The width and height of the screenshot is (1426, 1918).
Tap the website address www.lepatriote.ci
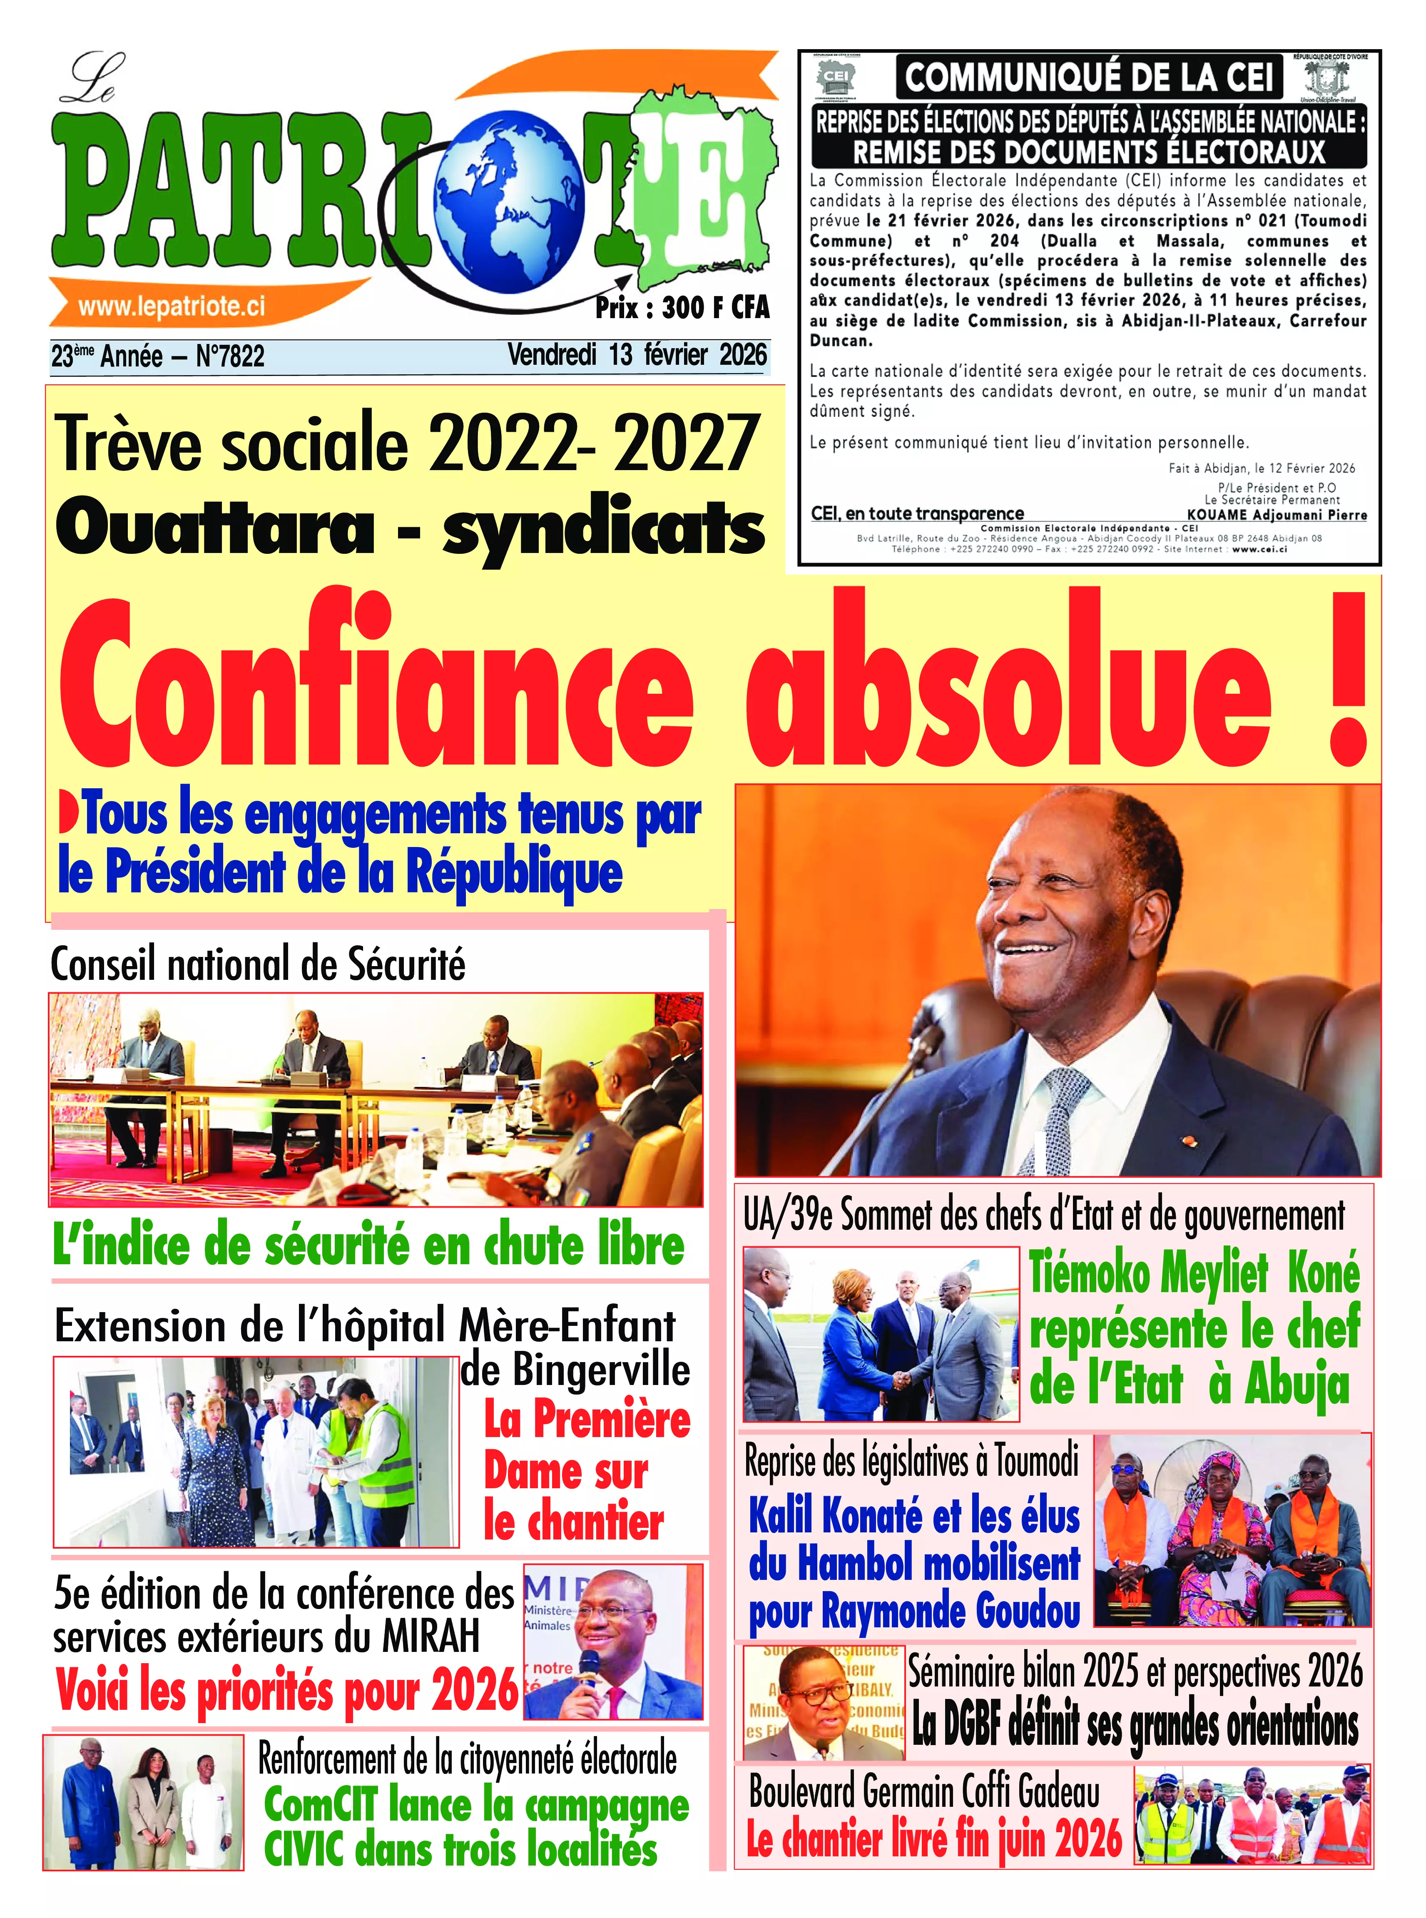[x=171, y=306]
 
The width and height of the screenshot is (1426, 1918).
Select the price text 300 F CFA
[x=715, y=307]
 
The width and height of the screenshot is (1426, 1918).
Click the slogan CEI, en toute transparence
[x=917, y=513]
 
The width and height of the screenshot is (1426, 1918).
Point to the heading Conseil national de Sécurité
[x=257, y=964]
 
